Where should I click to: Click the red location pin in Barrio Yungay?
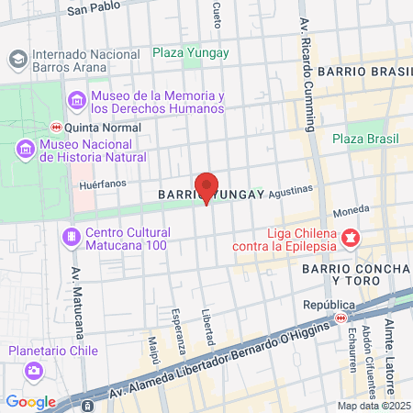tap(206, 186)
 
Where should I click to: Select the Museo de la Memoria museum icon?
tap(77, 100)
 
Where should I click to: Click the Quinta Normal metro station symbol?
tap(56, 128)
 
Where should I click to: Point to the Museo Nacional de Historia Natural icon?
tap(25, 149)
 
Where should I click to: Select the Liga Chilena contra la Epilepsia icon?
tap(350, 239)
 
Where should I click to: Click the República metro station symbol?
tap(340, 318)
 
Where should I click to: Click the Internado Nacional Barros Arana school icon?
tap(17, 59)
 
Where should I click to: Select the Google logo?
tap(30, 401)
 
